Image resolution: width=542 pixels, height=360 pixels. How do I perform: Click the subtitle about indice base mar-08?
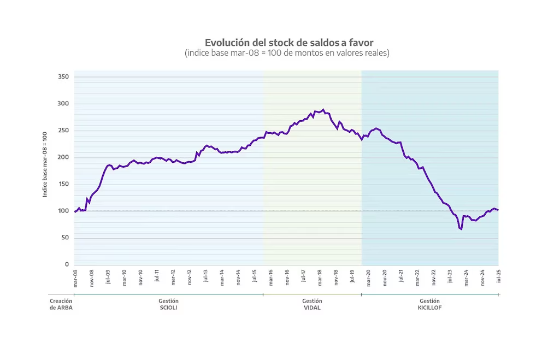point(287,53)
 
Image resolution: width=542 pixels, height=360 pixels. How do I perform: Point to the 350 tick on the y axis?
point(63,77)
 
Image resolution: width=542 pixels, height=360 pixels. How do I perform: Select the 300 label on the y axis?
point(63,104)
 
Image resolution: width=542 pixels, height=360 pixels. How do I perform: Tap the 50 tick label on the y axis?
point(65,238)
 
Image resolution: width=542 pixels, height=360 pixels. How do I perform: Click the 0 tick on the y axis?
point(67,264)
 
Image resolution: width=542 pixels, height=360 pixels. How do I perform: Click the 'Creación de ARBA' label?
point(61,304)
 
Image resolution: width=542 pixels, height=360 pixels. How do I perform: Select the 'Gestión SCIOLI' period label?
point(168,304)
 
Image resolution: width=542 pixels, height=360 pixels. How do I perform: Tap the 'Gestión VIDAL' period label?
point(312,304)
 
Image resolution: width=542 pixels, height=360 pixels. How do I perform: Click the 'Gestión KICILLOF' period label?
point(430,304)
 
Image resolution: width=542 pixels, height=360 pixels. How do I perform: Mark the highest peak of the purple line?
point(323,110)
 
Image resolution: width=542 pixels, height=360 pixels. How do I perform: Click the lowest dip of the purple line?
point(461,229)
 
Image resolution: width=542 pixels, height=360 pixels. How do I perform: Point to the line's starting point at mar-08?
point(75,211)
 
